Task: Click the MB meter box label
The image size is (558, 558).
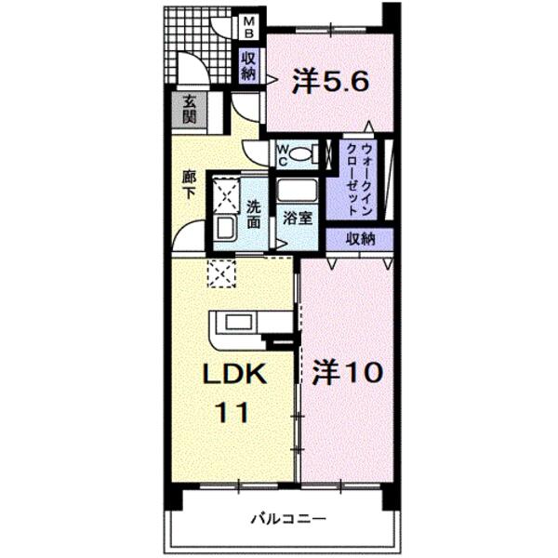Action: click(249, 28)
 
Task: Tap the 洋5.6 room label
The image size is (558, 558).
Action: click(330, 83)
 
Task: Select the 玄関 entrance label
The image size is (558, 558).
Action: click(190, 110)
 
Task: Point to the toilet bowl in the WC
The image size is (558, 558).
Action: click(300, 153)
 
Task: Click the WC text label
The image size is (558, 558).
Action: click(283, 154)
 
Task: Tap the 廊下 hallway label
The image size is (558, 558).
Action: click(189, 185)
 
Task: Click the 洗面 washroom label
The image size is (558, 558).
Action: click(253, 215)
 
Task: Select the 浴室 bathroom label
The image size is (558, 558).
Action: click(298, 219)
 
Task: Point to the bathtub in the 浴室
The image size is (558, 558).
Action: click(298, 191)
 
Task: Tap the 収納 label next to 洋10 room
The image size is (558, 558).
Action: click(361, 239)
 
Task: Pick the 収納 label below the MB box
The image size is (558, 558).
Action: click(248, 67)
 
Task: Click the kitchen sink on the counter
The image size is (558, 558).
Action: click(240, 323)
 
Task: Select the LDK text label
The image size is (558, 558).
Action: click(235, 374)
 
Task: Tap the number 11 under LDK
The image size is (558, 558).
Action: click(233, 412)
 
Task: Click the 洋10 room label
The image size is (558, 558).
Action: click(348, 372)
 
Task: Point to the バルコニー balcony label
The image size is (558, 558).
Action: click(288, 519)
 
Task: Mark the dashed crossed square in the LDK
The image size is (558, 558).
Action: click(222, 273)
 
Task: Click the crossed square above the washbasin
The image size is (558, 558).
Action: click(226, 195)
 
